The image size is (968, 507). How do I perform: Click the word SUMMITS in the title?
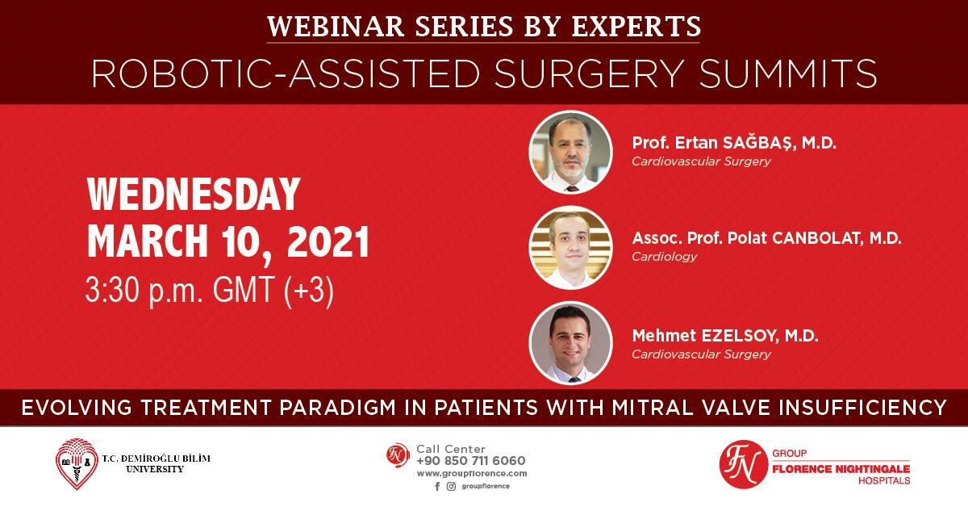tap(788, 73)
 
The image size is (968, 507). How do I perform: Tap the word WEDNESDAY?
tap(194, 194)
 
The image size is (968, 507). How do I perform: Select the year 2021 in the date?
tap(328, 242)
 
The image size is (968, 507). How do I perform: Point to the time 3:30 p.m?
tap(144, 291)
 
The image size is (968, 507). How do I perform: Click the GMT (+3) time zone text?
tap(273, 291)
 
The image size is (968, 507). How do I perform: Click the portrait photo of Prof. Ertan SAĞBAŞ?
tap(570, 152)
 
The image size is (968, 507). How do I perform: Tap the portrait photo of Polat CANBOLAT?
tap(570, 247)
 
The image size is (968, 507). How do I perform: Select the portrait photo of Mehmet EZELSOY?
tap(570, 343)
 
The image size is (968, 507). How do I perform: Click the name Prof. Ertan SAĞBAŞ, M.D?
tap(734, 142)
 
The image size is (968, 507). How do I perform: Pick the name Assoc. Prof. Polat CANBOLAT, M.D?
tap(766, 238)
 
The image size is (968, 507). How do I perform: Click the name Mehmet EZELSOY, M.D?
tap(725, 336)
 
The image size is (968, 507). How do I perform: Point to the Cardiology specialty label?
tap(664, 257)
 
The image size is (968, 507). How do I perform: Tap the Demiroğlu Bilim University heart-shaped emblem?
tap(77, 463)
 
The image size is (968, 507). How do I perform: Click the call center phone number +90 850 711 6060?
tap(471, 461)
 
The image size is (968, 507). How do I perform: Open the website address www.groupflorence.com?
tap(472, 474)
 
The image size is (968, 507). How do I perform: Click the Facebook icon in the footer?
tap(437, 487)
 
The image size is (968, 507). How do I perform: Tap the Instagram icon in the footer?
tap(451, 487)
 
